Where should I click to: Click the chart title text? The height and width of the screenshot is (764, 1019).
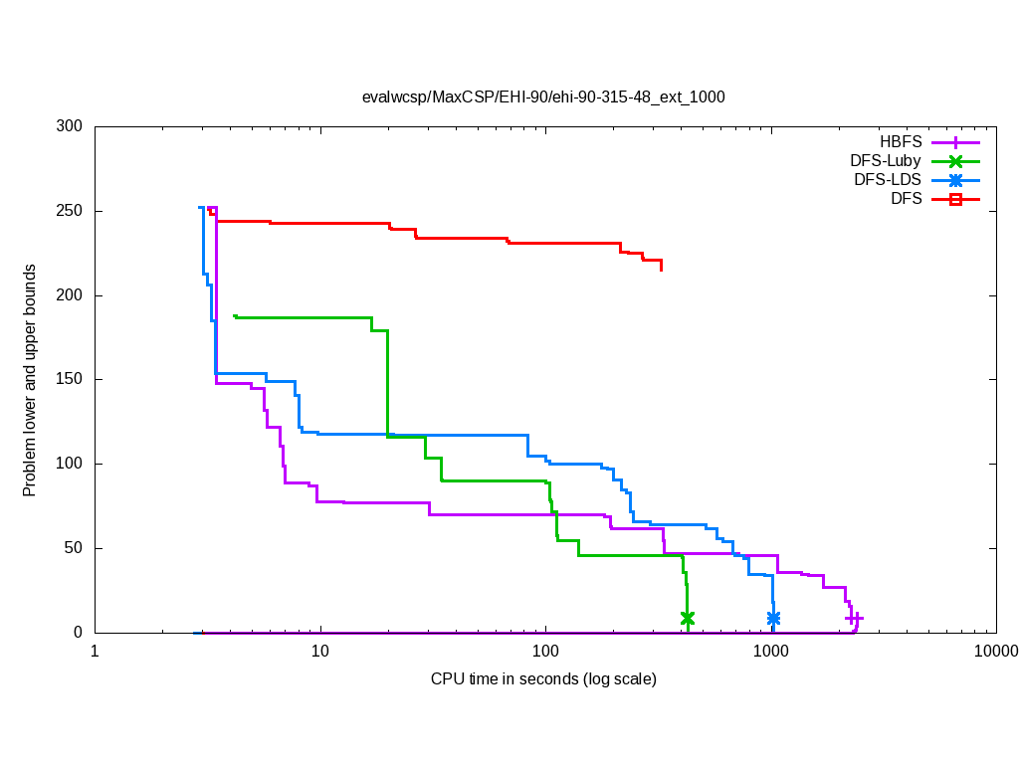click(x=543, y=97)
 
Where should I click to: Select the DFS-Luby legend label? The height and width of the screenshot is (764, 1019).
click(x=886, y=161)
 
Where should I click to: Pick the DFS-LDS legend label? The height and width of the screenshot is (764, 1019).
click(x=888, y=180)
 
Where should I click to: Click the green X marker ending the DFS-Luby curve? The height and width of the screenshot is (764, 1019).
click(x=687, y=618)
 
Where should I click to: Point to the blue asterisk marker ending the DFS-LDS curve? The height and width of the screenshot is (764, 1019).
click(x=773, y=618)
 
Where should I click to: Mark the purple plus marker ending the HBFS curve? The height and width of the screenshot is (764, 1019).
click(x=854, y=618)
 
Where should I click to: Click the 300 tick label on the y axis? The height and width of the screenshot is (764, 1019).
click(x=71, y=127)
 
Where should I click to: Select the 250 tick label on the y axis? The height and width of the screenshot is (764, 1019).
click(x=71, y=212)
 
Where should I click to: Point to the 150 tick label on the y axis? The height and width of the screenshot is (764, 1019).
click(x=71, y=380)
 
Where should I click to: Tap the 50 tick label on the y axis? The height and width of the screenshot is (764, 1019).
click(x=75, y=548)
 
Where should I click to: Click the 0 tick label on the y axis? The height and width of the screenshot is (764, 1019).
click(x=80, y=633)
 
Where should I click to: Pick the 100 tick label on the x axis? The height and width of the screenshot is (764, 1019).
click(x=545, y=653)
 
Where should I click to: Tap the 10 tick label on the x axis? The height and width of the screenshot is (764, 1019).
click(x=320, y=653)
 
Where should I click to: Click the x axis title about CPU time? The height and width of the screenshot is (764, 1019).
click(x=543, y=679)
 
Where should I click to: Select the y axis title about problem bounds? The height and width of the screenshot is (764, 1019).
click(x=31, y=380)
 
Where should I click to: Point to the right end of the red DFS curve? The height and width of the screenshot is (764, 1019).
click(x=661, y=270)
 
